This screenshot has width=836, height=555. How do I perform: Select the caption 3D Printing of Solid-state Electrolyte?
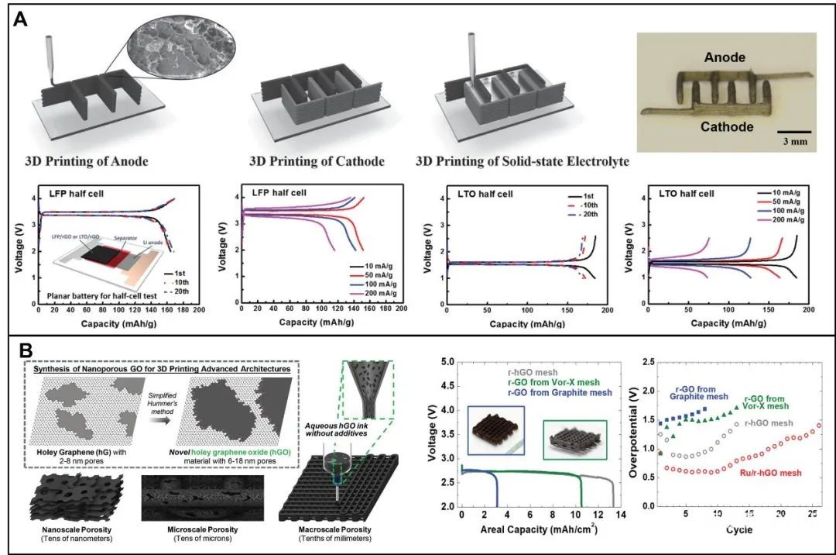coord(522,162)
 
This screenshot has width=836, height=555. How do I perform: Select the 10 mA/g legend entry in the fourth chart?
coord(779,192)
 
